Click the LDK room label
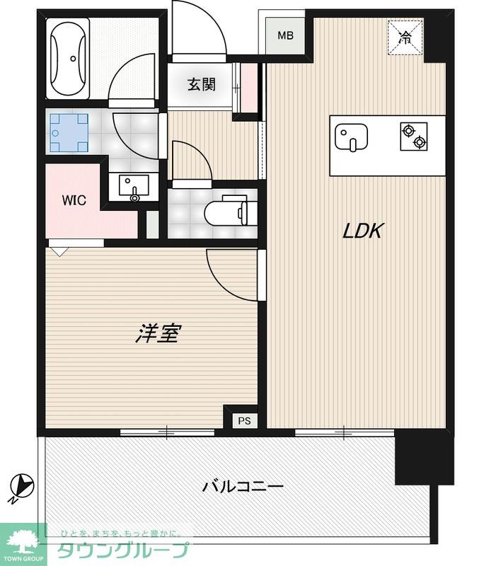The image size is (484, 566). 362,231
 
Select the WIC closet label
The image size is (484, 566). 74,200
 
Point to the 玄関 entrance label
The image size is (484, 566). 202,84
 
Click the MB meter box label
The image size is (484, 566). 285,35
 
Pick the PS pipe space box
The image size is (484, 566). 244,421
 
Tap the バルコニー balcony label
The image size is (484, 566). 243,487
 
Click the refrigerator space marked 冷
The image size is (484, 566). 405,37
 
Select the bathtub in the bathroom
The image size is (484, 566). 68,59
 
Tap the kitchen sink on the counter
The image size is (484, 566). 351,137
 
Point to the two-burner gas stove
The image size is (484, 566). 414,137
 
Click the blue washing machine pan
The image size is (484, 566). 69,133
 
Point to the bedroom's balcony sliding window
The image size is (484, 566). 167,432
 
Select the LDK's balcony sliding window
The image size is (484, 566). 345,432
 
